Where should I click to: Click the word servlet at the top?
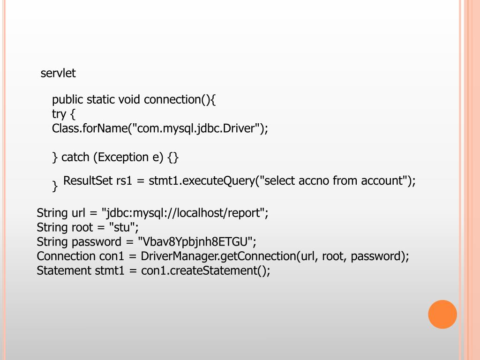click(x=58, y=73)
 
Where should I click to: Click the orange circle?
click(x=442, y=314)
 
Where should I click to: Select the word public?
click(x=67, y=99)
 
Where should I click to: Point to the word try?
click(x=59, y=114)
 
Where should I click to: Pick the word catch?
click(x=75, y=157)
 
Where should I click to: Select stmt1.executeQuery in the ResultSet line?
click(x=201, y=180)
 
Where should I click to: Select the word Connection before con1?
click(x=66, y=256)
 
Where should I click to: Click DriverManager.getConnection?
click(x=218, y=256)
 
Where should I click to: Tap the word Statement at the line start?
click(x=64, y=270)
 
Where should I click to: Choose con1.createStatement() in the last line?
click(x=205, y=270)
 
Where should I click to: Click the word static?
click(x=101, y=99)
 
